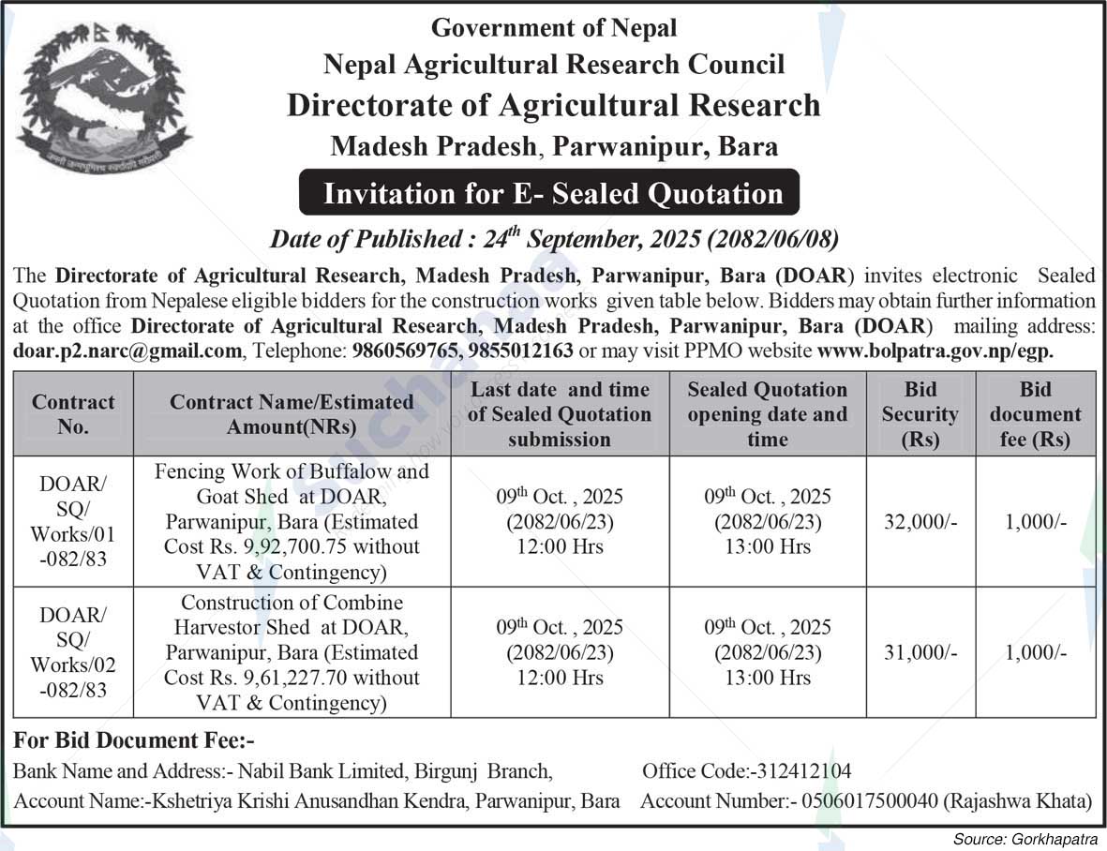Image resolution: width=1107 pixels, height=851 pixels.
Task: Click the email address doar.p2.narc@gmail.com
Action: click(127, 351)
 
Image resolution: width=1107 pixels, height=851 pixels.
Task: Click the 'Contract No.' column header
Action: click(73, 414)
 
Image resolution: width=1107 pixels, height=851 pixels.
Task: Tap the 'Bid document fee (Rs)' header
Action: click(1035, 414)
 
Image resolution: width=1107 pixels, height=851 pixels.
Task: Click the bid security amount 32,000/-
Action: click(920, 522)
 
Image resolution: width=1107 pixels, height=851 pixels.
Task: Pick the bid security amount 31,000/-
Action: click(920, 653)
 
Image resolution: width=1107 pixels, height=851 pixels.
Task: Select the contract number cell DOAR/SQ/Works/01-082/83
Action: click(73, 522)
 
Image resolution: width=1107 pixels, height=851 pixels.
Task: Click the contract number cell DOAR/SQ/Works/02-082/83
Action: click(73, 653)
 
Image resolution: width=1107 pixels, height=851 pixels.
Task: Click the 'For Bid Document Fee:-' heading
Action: click(134, 740)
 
